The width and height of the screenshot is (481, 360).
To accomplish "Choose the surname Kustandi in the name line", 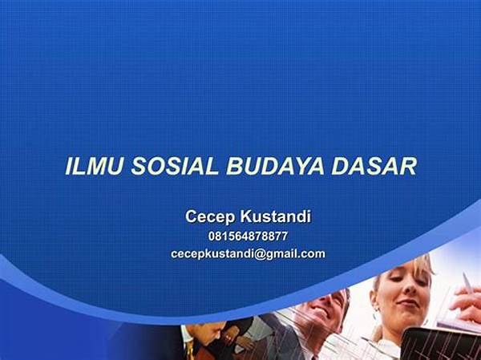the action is coord(276,216).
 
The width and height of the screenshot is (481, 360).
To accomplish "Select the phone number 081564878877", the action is coord(248,237).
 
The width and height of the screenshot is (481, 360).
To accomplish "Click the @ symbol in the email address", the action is coord(260,254).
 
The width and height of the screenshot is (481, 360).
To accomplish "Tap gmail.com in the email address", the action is coord(295,254).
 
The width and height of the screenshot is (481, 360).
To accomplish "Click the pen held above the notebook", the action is coord(468,283).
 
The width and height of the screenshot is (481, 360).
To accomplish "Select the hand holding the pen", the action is coord(467,303).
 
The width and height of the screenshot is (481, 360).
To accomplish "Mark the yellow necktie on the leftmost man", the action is coord(189,349).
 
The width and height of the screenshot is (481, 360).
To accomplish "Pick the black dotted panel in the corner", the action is coord(442,344).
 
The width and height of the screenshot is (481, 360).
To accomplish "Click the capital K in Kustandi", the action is coord(246,216).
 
